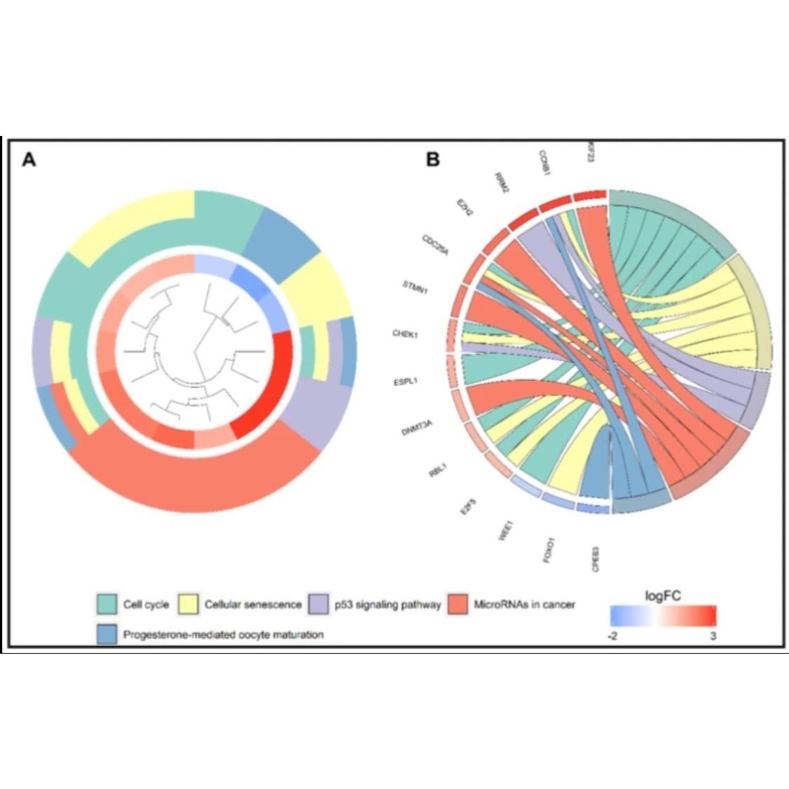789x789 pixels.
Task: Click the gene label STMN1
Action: coord(416,287)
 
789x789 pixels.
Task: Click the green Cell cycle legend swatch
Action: coord(107,603)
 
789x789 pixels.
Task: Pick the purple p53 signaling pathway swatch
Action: coord(320,603)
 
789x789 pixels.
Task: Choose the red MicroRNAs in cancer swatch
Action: coord(458,603)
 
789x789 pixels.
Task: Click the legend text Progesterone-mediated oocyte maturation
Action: coord(223,635)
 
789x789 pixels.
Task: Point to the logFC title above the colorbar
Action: coord(662,596)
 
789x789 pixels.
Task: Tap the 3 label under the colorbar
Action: coord(713,635)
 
